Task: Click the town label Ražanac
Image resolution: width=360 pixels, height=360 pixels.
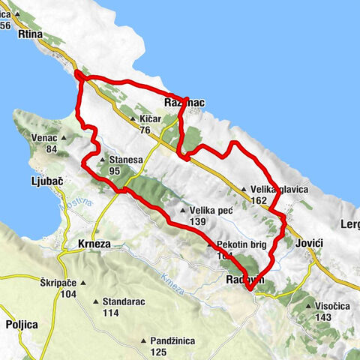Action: click(184, 103)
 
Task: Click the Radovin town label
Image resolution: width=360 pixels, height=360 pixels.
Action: click(242, 279)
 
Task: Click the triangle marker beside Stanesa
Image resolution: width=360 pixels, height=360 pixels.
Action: click(102, 159)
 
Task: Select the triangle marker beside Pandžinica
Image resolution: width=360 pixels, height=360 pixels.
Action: click(143, 341)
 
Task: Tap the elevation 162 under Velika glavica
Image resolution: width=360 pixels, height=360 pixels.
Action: click(259, 200)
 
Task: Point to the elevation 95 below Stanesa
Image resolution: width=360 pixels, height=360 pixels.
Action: click(114, 171)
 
